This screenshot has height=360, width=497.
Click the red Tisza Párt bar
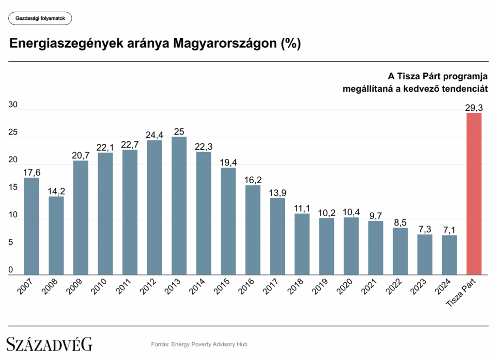[474, 194]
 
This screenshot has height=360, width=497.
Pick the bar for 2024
[449, 255]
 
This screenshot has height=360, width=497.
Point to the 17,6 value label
[32, 172]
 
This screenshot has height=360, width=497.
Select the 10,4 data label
[351, 212]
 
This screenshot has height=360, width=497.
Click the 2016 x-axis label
[247, 288]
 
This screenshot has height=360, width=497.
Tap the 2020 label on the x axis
[345, 288]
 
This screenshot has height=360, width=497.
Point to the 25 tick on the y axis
[13, 133]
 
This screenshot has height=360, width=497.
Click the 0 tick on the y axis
[11, 270]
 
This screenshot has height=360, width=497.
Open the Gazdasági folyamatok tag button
[40, 19]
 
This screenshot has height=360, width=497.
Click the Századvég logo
[50, 344]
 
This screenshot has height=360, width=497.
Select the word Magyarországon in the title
[225, 43]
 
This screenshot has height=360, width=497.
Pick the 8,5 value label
[400, 222]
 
